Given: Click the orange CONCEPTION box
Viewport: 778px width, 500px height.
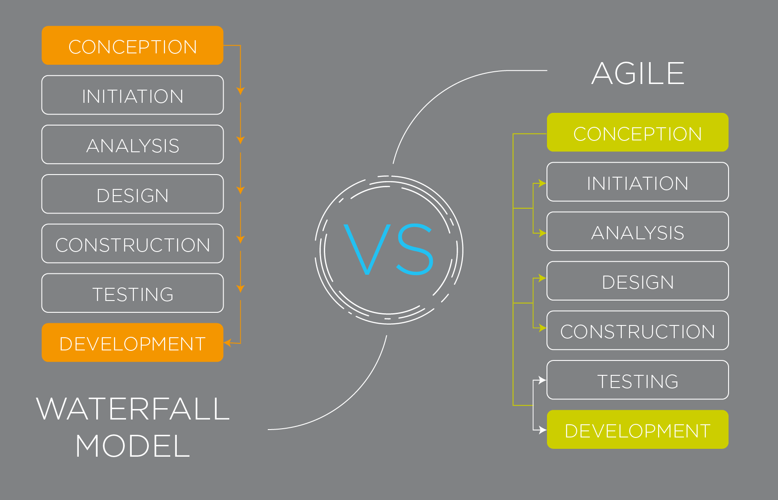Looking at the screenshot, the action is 133,45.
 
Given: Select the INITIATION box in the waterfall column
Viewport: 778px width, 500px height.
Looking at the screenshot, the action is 133,95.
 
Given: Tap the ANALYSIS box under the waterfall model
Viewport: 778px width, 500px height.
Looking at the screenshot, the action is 133,144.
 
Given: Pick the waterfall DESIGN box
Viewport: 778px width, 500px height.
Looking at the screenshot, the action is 133,194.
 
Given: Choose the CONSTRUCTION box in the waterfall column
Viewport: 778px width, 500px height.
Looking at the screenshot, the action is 133,244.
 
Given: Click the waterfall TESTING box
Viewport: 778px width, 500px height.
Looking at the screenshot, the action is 133,293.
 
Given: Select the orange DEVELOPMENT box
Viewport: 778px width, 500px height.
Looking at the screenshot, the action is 133,343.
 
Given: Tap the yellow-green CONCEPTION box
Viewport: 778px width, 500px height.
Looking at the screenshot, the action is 638,133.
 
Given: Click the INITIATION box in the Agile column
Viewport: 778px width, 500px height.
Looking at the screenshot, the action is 638,182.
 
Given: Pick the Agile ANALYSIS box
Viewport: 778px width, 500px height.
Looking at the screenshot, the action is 638,231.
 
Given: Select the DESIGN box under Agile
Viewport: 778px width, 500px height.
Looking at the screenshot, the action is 638,281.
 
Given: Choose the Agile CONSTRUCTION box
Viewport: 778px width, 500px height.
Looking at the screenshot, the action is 638,330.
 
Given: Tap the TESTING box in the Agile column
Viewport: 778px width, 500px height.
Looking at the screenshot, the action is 638,380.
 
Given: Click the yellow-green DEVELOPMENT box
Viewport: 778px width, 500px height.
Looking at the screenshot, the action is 638,430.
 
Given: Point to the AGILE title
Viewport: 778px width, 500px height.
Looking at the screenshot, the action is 638,73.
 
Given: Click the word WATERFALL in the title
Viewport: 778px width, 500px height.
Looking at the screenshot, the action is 133,409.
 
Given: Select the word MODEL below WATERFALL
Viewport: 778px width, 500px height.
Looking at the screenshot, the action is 133,446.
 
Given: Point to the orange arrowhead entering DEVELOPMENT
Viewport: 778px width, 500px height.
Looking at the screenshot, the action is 228,343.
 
